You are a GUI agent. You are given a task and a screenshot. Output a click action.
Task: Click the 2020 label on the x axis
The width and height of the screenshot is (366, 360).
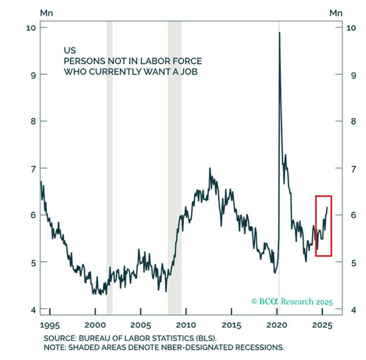tap(277, 325)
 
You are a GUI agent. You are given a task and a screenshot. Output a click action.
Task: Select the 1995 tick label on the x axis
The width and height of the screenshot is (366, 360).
tap(50, 325)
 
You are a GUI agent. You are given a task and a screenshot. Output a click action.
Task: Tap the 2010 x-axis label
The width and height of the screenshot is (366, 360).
tap(186, 325)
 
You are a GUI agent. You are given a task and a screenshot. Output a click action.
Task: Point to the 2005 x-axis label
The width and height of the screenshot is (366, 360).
tap(141, 325)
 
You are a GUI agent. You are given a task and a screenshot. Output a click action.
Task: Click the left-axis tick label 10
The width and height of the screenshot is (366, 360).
tap(31, 28)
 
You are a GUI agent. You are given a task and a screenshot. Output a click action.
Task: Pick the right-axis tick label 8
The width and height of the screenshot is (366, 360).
tap(354, 121)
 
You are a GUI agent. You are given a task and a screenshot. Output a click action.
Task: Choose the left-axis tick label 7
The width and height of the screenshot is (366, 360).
tap(33, 168)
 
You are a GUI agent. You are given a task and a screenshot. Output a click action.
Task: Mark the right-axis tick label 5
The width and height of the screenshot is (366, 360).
tap(354, 263)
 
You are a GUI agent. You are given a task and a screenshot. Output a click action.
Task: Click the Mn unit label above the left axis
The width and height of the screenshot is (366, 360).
tap(46, 13)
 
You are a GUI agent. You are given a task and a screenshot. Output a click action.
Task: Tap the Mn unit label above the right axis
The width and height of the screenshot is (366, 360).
tap(336, 13)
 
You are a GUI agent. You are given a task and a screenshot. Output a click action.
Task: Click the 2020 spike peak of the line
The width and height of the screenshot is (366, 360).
tap(279, 32)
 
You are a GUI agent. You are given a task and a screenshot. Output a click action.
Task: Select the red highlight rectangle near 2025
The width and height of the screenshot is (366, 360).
tap(316, 226)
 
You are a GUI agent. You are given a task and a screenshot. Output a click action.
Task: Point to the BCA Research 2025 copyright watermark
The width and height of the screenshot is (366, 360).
tap(292, 301)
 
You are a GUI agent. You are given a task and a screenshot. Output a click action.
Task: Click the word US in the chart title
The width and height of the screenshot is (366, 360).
tap(70, 50)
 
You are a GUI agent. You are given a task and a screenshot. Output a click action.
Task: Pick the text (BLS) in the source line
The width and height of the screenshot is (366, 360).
tap(206, 338)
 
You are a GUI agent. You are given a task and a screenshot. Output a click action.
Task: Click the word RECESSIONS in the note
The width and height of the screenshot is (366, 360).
tap(260, 348)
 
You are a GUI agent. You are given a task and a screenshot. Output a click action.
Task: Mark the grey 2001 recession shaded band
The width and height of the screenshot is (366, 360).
tap(110, 168)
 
